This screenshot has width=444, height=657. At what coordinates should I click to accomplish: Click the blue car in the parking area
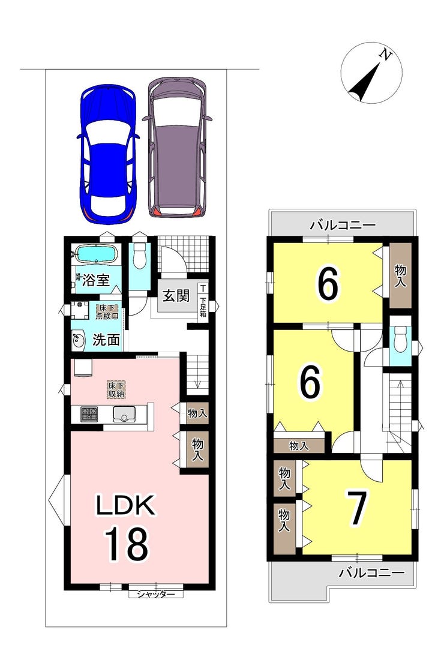[x=108, y=154]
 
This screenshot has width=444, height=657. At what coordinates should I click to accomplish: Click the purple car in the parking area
[x=177, y=147]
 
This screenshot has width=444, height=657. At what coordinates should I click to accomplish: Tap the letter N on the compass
[x=385, y=54]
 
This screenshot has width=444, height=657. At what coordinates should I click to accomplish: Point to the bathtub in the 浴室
[x=97, y=254]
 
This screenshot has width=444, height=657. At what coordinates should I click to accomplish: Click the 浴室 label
[x=96, y=280]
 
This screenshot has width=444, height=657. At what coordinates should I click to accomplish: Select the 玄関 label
[x=176, y=296]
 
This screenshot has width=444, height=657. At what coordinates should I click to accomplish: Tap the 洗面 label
[x=106, y=340]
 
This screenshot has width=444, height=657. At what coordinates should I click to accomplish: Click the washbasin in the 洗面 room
[x=78, y=340]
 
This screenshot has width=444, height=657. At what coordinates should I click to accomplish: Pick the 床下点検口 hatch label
[x=107, y=311]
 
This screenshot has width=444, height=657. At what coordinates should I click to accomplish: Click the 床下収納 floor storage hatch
[x=116, y=389]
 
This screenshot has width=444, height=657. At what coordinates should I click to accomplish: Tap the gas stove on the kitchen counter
[x=89, y=415]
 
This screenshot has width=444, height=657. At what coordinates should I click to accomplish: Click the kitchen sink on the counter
[x=124, y=414]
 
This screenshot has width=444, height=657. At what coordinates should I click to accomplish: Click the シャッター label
[x=156, y=594]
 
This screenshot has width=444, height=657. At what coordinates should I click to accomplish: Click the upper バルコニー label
[x=343, y=226]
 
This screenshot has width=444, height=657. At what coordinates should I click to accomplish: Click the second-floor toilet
[x=401, y=340]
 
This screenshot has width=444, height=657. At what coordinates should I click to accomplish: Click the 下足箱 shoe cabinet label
[x=203, y=307]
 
